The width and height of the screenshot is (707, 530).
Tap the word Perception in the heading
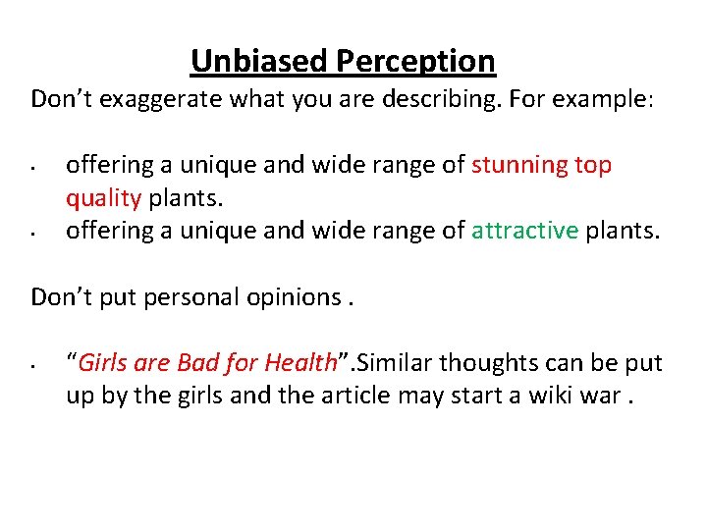pyautogui.click(x=415, y=62)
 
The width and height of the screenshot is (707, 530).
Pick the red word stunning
pyautogui.click(x=520, y=165)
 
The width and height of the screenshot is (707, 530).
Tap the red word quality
pyautogui.click(x=103, y=198)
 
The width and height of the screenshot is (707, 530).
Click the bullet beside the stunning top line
pyautogui.click(x=33, y=167)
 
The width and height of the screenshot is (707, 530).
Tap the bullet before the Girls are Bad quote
pyautogui.click(x=33, y=366)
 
